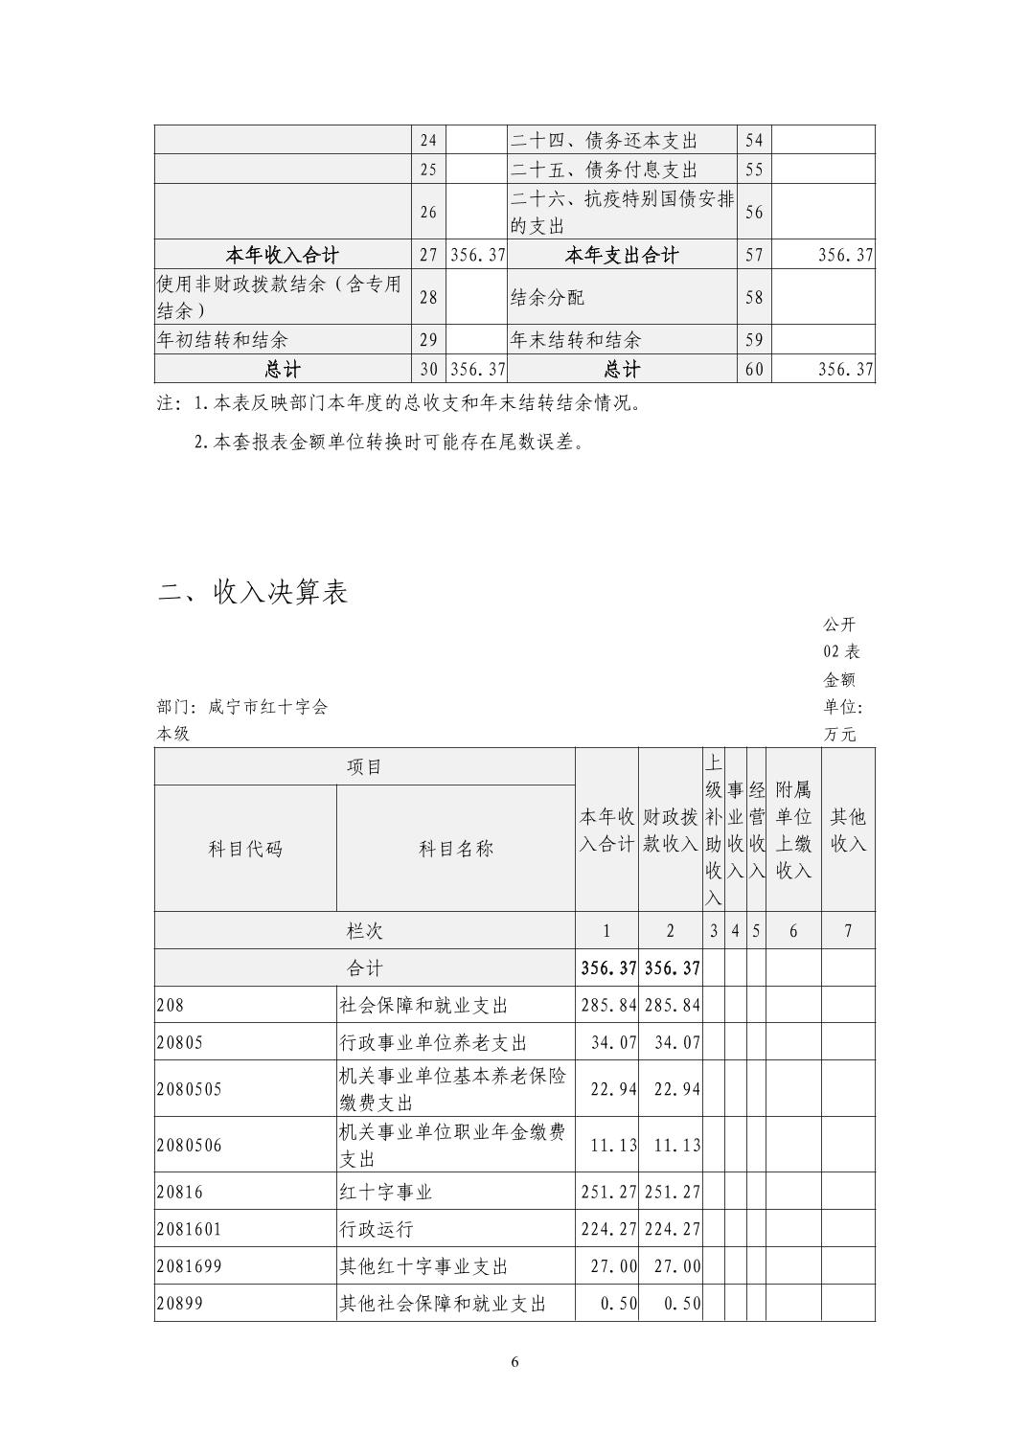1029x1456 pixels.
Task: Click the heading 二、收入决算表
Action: point(253,593)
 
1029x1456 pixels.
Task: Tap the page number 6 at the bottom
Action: point(514,1362)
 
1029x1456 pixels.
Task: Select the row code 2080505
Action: point(189,1089)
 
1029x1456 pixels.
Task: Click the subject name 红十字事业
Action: point(386,1192)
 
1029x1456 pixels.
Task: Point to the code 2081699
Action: point(189,1266)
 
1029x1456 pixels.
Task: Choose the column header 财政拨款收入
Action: point(670,830)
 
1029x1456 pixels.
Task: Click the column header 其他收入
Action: point(848,830)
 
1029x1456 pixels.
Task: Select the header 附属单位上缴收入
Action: point(792,830)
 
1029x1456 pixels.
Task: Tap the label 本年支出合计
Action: point(622,256)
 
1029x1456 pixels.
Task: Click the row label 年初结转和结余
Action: point(222,340)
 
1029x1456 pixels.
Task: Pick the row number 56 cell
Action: point(754,213)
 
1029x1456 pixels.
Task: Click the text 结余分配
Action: point(547,298)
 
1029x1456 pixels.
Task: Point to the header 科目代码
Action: point(245,849)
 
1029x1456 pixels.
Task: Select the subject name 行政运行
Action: point(377,1229)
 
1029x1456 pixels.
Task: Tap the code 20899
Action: point(179,1304)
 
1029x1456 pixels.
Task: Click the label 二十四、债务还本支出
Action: point(604,141)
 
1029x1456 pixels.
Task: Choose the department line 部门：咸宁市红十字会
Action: point(242,707)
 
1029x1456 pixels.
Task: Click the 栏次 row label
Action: point(364,931)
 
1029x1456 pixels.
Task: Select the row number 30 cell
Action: point(428,370)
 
